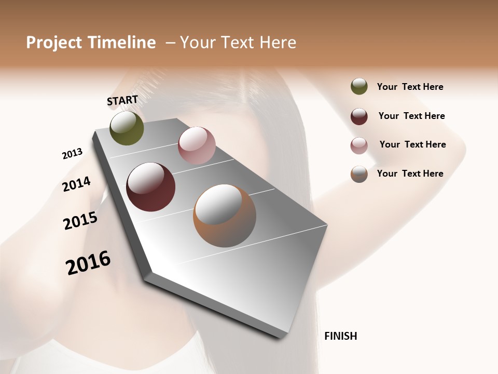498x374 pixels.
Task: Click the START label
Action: pos(122,100)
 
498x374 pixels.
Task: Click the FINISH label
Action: pos(341,336)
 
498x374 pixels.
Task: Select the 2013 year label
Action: pos(72,154)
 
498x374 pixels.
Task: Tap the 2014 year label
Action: pos(76,184)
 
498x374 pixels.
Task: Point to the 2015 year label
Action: pos(80,221)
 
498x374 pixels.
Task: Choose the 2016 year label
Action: pos(88,263)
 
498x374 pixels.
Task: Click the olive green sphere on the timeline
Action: pos(127,128)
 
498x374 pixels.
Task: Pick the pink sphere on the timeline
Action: pos(197,145)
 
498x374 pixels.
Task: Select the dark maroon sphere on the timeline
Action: pos(151,187)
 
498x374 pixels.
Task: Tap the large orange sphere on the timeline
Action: pos(225,216)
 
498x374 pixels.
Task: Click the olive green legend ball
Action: pos(359,86)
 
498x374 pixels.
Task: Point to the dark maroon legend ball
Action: pos(359,116)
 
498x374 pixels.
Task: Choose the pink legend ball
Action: pos(359,145)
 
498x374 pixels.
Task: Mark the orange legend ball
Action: pos(359,174)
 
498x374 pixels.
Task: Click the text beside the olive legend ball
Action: pos(410,87)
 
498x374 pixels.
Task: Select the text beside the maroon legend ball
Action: pos(411,116)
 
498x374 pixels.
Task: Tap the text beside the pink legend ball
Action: pos(412,144)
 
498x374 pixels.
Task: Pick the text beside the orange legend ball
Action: pos(410,173)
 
